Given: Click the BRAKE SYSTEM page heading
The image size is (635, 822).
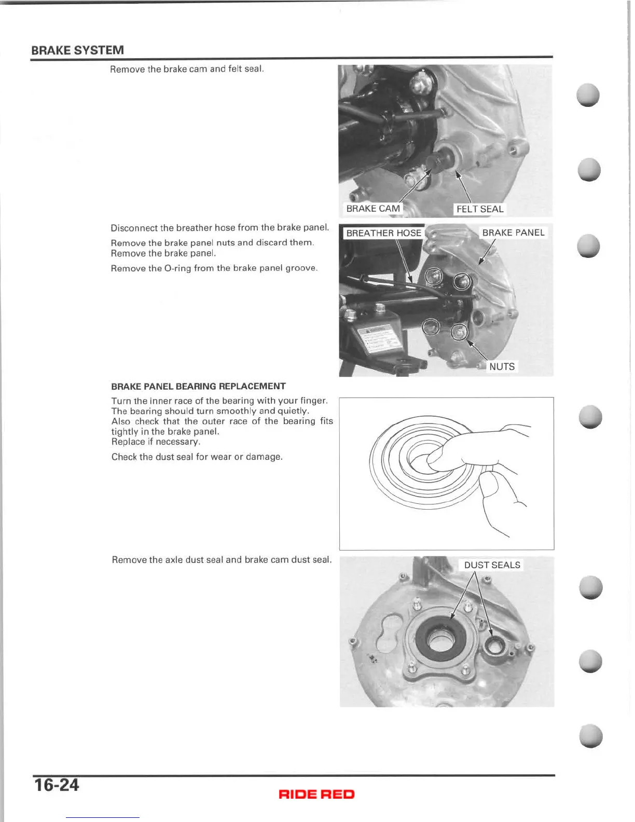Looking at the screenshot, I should pyautogui.click(x=77, y=50).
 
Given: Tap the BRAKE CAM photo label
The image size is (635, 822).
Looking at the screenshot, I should pyautogui.click(x=373, y=209).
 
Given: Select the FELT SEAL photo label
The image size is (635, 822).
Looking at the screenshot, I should pyautogui.click(x=480, y=209).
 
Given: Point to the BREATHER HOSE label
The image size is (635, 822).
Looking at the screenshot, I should pyautogui.click(x=383, y=233).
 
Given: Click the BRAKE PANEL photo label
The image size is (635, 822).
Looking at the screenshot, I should pyautogui.click(x=513, y=232).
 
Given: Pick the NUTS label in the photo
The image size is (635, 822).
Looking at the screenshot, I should pyautogui.click(x=502, y=366).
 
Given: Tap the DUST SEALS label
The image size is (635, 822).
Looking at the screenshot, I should pyautogui.click(x=492, y=565).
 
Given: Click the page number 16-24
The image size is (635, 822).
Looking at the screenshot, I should pyautogui.click(x=56, y=785).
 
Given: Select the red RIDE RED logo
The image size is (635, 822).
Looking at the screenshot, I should pyautogui.click(x=316, y=794).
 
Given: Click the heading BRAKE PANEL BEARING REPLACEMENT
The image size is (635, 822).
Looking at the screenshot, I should pyautogui.click(x=198, y=386).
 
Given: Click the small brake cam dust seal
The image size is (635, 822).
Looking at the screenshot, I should pyautogui.click(x=494, y=646).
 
